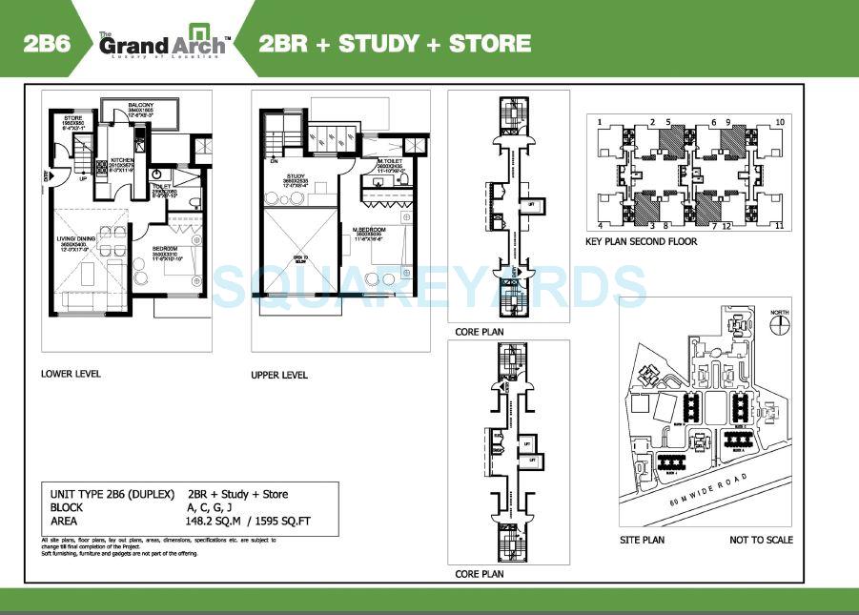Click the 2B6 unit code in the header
[45, 43]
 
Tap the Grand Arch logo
[163, 44]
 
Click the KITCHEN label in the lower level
[122, 160]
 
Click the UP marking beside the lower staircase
[83, 178]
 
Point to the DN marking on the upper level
[274, 161]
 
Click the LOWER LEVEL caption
[71, 374]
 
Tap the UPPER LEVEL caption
[279, 375]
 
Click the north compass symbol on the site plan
[781, 322]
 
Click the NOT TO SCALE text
[761, 540]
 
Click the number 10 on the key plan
[779, 122]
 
